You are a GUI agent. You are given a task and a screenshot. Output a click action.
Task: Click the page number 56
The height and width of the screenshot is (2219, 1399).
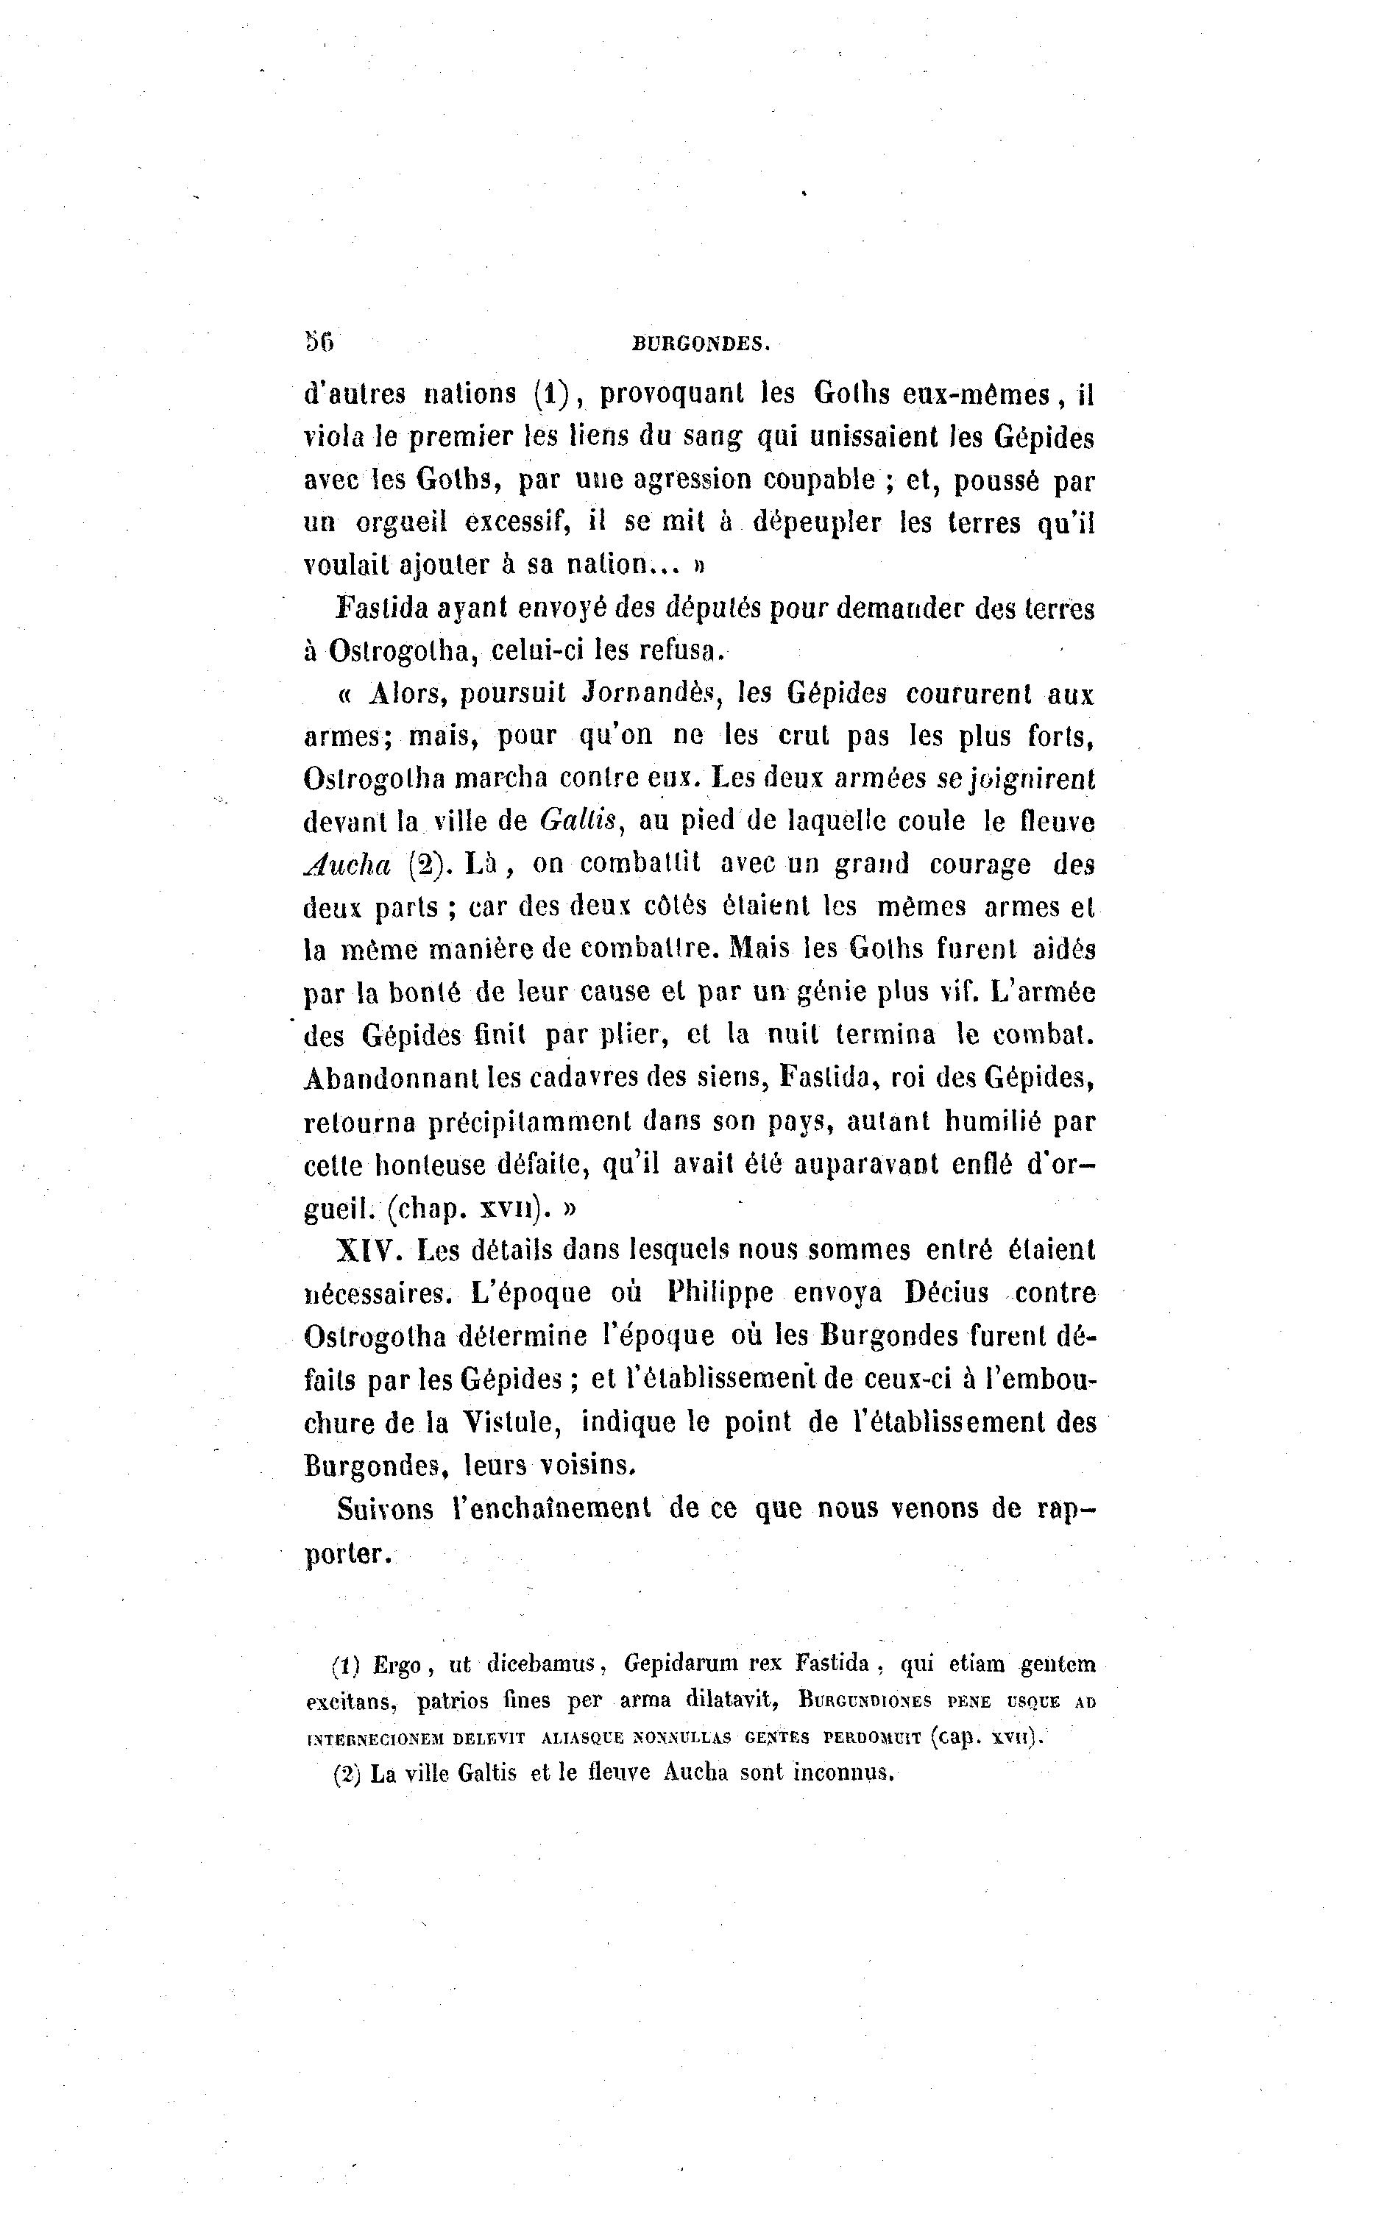[319, 342]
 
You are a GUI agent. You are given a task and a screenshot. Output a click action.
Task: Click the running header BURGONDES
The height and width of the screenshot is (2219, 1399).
[701, 344]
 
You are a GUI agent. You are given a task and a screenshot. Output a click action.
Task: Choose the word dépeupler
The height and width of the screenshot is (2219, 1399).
[817, 523]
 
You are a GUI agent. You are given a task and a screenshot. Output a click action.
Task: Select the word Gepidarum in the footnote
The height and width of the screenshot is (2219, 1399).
[679, 1664]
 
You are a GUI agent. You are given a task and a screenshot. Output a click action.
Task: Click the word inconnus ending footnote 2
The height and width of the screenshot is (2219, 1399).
[844, 1772]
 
